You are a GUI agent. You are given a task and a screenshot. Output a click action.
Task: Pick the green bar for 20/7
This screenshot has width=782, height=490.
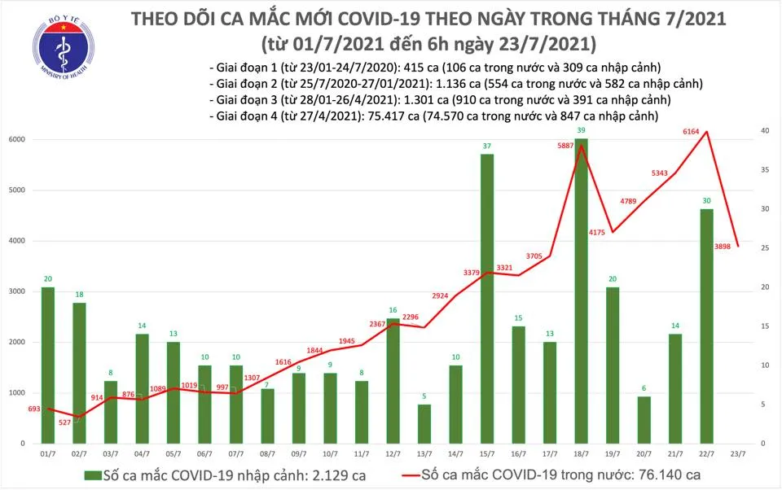[644, 419]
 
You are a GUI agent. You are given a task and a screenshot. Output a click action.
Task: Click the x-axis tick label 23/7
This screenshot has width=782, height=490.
[737, 453]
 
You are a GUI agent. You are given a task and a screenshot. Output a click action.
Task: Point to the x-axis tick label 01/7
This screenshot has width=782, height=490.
[47, 453]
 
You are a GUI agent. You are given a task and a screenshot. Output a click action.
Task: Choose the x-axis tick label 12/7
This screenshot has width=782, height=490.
[393, 453]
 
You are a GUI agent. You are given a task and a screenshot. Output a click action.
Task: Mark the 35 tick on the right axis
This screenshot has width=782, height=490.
[764, 170]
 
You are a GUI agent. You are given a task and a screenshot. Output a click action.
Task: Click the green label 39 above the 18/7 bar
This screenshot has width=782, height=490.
[581, 131]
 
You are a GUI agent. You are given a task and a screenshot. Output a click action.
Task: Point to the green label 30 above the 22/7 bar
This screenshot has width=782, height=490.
[706, 200]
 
